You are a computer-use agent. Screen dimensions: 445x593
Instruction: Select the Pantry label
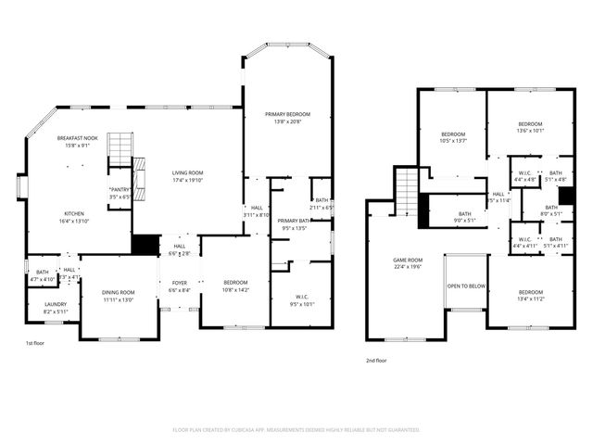coord(120,189)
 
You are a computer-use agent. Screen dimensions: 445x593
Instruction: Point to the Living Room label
coord(187,172)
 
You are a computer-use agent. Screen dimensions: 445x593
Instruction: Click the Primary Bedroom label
coord(287,114)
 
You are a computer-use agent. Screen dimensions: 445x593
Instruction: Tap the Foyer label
coord(179,284)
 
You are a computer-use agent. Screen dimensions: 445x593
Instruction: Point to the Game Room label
coord(408,260)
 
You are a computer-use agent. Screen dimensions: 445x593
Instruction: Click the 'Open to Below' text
coord(466,286)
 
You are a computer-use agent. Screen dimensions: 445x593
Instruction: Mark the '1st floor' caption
coord(35,344)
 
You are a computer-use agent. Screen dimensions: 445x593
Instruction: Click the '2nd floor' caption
coord(376,360)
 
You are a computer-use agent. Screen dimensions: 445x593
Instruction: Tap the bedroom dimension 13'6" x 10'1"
coord(530,131)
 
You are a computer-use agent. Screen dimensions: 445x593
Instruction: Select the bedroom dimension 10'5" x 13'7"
coord(453,141)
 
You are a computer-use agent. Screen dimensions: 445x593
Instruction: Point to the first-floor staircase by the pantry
coord(120,149)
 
